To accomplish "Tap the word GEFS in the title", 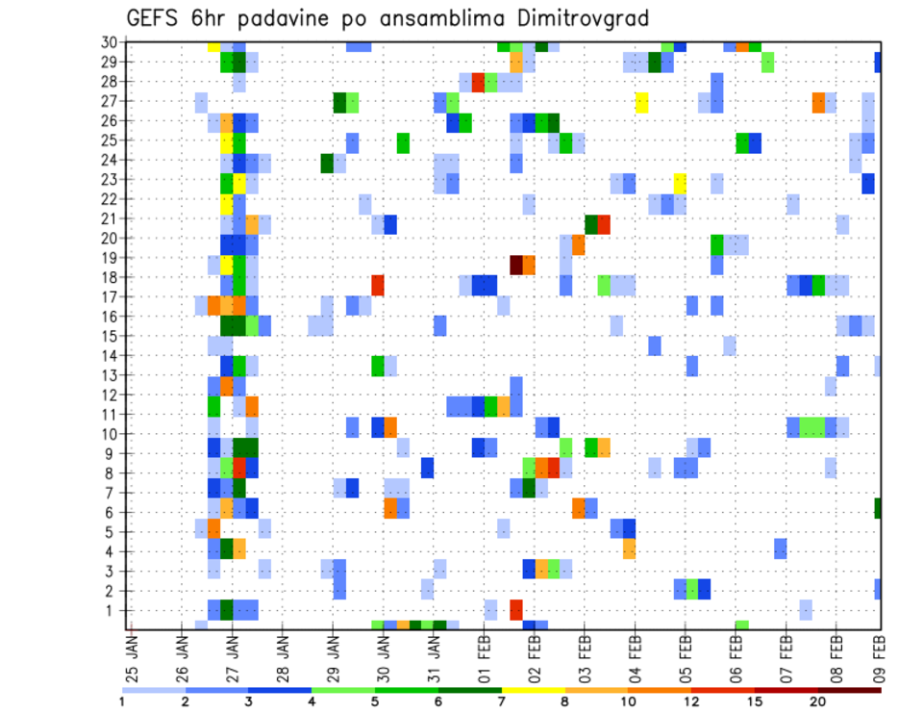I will coord(154,18).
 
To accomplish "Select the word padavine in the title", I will coord(286,19).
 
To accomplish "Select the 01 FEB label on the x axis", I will coord(484,656).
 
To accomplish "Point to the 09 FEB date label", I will coord(886,656).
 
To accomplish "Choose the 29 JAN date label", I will coord(333,656).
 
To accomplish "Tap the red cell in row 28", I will coord(479,82).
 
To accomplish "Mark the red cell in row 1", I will coord(516,609).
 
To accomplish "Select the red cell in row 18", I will coord(378,285).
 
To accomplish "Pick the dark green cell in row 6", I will coord(878,507).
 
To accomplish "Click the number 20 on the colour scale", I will coord(818,701).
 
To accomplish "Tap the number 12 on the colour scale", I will coord(692,701).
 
